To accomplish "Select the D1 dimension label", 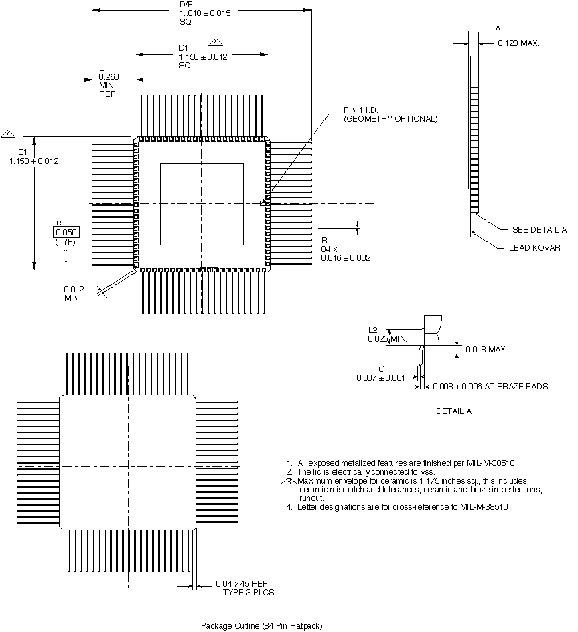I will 183,47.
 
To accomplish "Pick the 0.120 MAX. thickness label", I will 518,43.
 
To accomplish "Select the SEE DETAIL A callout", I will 539,229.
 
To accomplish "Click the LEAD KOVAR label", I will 534,247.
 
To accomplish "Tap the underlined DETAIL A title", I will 453,411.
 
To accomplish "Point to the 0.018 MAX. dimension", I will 487,349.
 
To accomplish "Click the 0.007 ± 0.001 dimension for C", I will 381,378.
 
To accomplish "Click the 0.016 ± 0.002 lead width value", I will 346,257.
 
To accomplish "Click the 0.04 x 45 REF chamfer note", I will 242,584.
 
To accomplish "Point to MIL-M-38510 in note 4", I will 484,506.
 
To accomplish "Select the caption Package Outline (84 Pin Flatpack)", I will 262,625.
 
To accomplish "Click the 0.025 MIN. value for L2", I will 388,339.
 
